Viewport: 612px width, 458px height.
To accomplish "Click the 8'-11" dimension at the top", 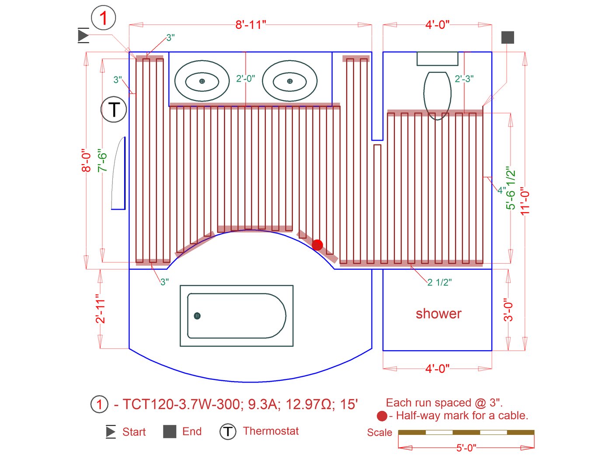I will (250, 25).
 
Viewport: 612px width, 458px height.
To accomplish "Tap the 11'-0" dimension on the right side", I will (525, 201).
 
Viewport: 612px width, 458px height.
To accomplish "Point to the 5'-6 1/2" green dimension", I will (511, 188).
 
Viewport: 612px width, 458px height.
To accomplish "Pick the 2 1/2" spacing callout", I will (439, 282).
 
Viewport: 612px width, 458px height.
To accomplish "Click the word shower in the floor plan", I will (438, 313).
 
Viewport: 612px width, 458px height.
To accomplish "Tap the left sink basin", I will (202, 81).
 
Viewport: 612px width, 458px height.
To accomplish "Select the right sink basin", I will (290, 81).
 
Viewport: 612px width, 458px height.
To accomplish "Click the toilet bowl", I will (437, 94).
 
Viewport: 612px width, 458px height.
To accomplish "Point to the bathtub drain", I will (197, 316).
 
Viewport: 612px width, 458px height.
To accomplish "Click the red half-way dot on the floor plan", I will (317, 245).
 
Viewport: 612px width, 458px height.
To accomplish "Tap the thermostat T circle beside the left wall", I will (114, 109).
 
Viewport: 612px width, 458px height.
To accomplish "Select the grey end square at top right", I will (508, 38).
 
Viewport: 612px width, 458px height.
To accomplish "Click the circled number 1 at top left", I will (103, 18).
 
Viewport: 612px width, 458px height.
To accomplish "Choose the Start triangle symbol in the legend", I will (111, 432).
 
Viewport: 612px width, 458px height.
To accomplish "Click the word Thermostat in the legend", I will (271, 431).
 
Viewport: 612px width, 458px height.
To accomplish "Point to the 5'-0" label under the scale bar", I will (466, 448).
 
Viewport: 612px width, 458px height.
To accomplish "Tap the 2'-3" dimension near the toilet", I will (464, 79).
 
